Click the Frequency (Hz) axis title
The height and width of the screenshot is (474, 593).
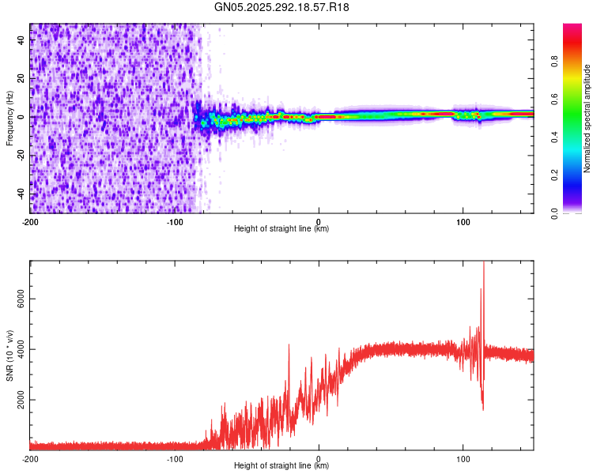pos(9,118)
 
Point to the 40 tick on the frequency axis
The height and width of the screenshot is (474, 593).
pos(22,41)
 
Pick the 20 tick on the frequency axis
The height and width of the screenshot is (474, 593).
pos(22,79)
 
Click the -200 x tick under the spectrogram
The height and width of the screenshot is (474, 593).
pos(30,221)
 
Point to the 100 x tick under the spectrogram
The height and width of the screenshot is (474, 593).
pos(463,221)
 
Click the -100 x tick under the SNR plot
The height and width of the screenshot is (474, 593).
pos(175,458)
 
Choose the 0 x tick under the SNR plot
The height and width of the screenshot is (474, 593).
pos(319,458)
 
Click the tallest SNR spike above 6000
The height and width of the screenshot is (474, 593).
pos(484,265)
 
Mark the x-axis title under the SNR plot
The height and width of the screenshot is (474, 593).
pos(281,466)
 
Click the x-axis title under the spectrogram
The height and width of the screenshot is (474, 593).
pos(281,229)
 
